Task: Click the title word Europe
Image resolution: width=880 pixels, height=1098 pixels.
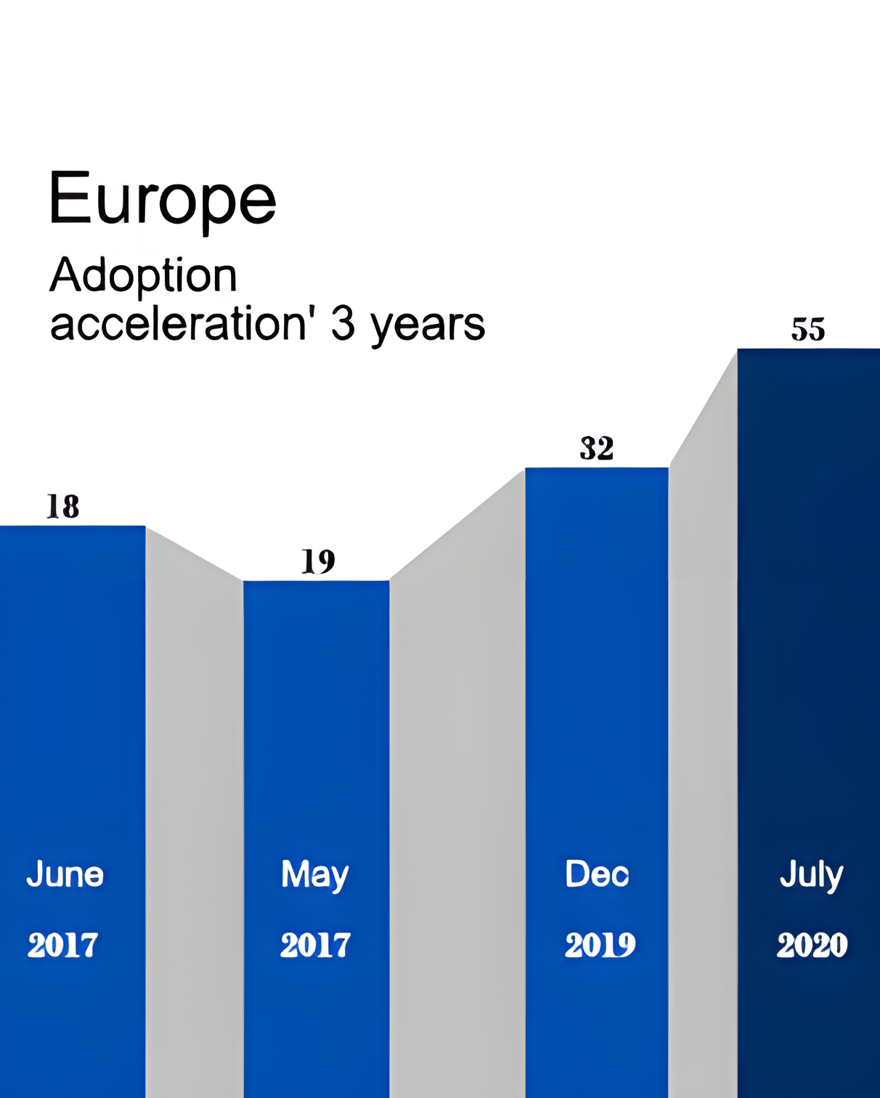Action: point(162,198)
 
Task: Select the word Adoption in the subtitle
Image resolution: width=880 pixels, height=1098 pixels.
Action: point(143,276)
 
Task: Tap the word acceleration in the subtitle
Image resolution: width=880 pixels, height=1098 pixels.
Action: point(178,324)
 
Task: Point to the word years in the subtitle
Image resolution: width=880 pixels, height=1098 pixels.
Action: point(428,325)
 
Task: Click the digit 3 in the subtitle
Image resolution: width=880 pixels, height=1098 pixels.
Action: point(343,324)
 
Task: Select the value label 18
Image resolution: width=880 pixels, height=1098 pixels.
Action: point(62,507)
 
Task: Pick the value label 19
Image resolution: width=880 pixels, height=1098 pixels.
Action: point(318,561)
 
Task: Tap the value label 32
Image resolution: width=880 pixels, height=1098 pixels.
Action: point(597,448)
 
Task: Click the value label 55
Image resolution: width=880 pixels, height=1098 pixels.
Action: point(808,330)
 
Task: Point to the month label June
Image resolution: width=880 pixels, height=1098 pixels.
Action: point(65,874)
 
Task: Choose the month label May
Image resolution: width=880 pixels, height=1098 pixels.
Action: point(314,875)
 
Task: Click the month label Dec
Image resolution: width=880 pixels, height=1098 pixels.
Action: point(597,874)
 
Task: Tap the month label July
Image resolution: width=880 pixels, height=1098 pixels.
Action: point(811,875)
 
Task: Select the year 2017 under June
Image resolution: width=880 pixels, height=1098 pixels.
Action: point(62,945)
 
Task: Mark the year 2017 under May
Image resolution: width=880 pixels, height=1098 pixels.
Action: point(315,945)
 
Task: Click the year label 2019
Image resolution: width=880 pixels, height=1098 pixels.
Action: point(600,945)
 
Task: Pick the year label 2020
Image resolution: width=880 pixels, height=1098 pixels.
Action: point(812,945)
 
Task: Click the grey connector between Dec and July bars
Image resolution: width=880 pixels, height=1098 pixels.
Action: point(703,726)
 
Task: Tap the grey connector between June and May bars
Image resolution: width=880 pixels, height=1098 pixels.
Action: point(195,799)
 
